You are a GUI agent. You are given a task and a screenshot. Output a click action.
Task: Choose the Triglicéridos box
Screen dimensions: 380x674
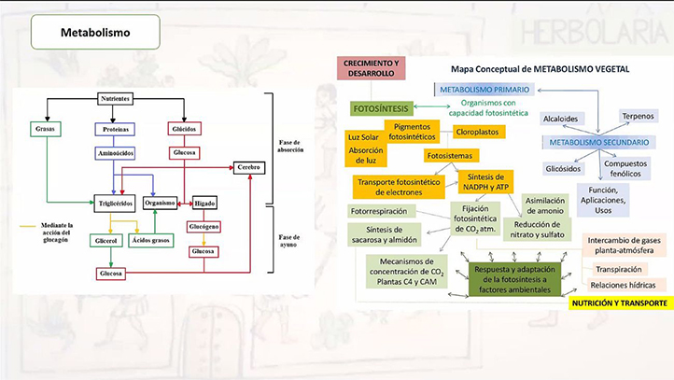116,202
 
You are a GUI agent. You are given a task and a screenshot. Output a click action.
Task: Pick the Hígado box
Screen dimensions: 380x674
204,202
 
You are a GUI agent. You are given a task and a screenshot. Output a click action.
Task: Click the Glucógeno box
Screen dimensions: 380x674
204,227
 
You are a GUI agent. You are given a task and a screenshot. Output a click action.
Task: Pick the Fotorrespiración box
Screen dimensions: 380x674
383,212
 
